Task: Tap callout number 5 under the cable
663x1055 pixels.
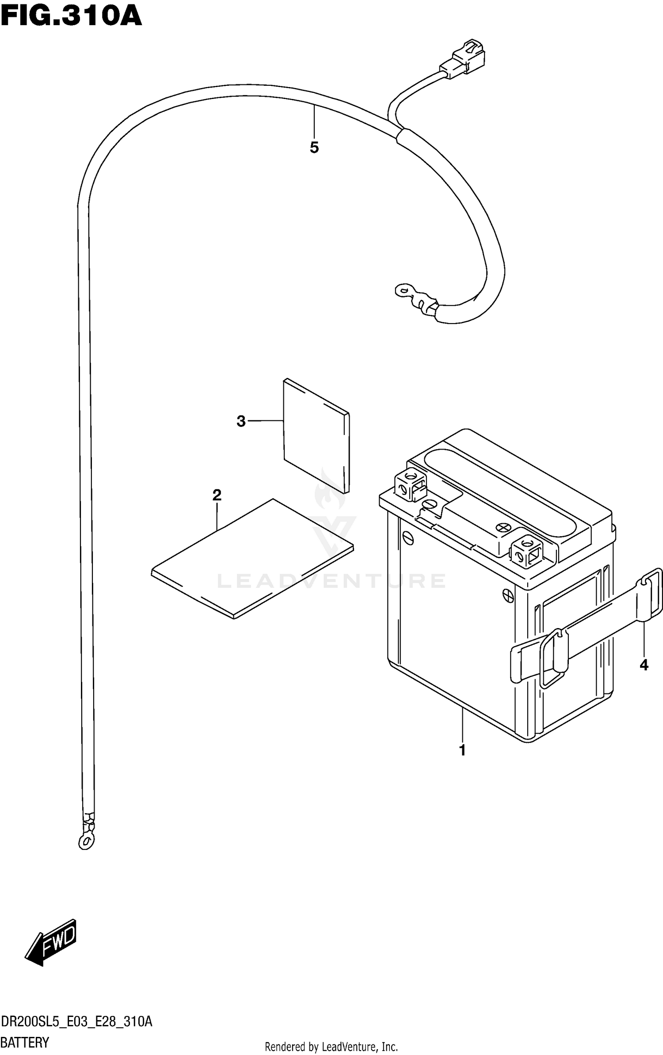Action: pyautogui.click(x=314, y=148)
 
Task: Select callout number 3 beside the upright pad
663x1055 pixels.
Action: pyautogui.click(x=241, y=421)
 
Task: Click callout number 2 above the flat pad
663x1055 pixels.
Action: pyautogui.click(x=217, y=495)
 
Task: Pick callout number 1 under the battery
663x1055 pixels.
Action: pyautogui.click(x=462, y=750)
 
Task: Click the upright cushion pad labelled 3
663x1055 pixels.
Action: pyautogui.click(x=316, y=435)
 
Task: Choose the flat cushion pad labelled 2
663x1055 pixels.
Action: pyautogui.click(x=252, y=559)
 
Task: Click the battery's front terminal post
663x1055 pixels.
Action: pyautogui.click(x=526, y=550)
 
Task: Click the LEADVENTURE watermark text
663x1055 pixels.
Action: pyautogui.click(x=331, y=581)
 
